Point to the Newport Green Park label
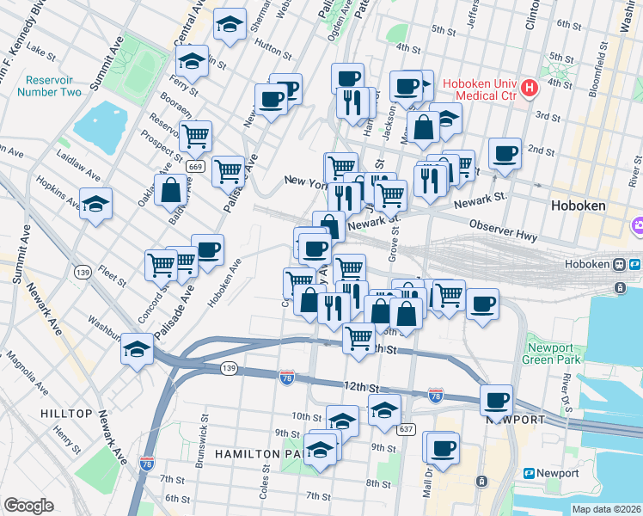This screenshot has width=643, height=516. [x=550, y=353]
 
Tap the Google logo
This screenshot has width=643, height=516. [x=28, y=506]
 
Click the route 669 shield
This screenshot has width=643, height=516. [x=195, y=166]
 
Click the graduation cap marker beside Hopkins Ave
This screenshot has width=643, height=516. [x=96, y=205]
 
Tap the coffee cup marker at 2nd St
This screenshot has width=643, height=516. [x=505, y=154]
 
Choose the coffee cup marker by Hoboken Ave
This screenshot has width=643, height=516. [x=207, y=250]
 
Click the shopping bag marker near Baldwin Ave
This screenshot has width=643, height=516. [x=170, y=190]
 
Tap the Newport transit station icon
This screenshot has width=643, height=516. [x=528, y=473]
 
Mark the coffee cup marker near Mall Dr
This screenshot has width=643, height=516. [x=444, y=448]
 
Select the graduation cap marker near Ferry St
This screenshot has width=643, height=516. [x=191, y=61]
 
